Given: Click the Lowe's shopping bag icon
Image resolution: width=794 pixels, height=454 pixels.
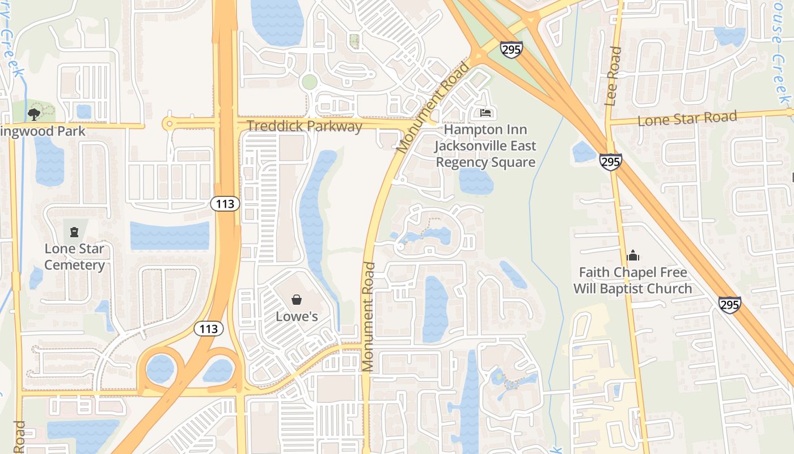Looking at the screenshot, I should [296, 300].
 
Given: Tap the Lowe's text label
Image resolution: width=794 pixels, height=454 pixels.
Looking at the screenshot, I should [297, 316].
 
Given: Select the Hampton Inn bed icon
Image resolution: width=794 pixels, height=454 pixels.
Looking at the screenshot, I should [485, 113].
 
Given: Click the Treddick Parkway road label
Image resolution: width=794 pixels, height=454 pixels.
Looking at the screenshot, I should [304, 126].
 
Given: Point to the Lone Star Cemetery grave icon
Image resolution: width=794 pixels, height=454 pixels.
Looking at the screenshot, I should [74, 232].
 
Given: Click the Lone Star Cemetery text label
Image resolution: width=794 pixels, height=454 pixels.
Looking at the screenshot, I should [74, 257].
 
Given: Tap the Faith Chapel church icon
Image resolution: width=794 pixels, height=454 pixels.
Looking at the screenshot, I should [633, 255].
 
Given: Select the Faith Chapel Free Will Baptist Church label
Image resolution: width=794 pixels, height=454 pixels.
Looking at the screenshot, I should [632, 280].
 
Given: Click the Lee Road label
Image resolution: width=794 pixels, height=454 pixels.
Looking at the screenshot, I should [613, 76].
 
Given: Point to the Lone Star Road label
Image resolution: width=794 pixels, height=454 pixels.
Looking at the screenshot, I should [687, 119].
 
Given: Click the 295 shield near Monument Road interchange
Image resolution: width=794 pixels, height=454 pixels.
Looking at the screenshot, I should [511, 49].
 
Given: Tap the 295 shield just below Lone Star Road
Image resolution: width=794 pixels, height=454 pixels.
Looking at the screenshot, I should [610, 162].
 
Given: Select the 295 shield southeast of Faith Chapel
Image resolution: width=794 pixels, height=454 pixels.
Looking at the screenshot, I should [729, 305].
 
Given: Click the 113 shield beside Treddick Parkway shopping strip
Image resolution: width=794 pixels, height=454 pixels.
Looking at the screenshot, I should [225, 204].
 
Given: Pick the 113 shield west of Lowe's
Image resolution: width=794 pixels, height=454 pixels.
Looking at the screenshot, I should [208, 329].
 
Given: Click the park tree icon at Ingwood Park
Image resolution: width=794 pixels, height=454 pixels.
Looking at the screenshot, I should [34, 114].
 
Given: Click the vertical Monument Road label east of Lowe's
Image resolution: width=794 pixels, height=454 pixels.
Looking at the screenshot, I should [368, 317].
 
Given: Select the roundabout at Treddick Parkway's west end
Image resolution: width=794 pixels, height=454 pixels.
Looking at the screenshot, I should [168, 123].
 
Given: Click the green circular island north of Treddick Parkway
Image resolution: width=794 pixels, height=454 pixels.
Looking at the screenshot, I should [309, 82].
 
